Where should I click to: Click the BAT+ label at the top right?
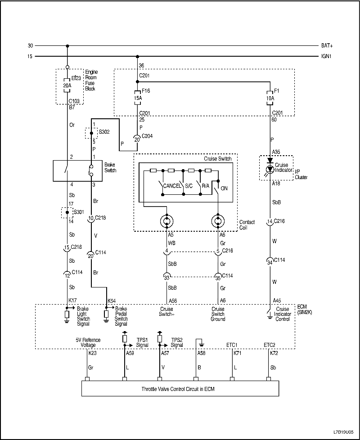coord(327,45)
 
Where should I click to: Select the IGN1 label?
coord(327,56)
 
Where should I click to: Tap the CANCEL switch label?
coord(172,185)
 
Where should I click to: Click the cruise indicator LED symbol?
coord(270,169)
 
